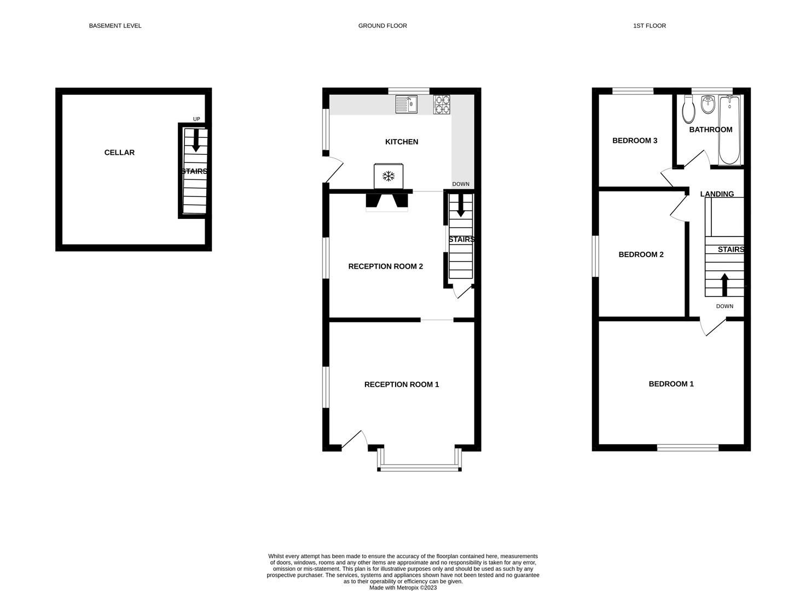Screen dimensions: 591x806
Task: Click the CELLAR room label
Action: (x=119, y=153)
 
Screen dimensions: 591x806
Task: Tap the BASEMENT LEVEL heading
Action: (x=115, y=26)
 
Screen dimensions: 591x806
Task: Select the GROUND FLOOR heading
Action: (x=382, y=26)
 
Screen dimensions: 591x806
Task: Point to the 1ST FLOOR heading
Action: (x=649, y=26)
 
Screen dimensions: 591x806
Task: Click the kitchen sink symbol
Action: (x=407, y=104)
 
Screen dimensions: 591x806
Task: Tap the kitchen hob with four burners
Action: (x=442, y=105)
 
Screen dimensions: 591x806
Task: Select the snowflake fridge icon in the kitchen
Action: (x=388, y=176)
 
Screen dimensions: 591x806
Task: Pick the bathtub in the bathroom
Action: (x=729, y=130)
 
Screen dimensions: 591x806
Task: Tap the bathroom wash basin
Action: (x=708, y=105)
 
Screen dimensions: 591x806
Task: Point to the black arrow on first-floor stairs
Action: (x=724, y=284)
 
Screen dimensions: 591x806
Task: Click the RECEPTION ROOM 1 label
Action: (x=402, y=385)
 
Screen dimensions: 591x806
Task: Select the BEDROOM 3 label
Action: (x=635, y=141)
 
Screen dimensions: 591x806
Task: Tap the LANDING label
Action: (x=717, y=194)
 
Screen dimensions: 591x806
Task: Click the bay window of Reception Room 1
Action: (x=419, y=467)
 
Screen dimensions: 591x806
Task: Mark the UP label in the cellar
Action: (x=196, y=119)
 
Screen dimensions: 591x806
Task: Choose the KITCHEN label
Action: (x=402, y=142)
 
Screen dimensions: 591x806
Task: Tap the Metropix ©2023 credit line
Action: (x=403, y=588)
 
